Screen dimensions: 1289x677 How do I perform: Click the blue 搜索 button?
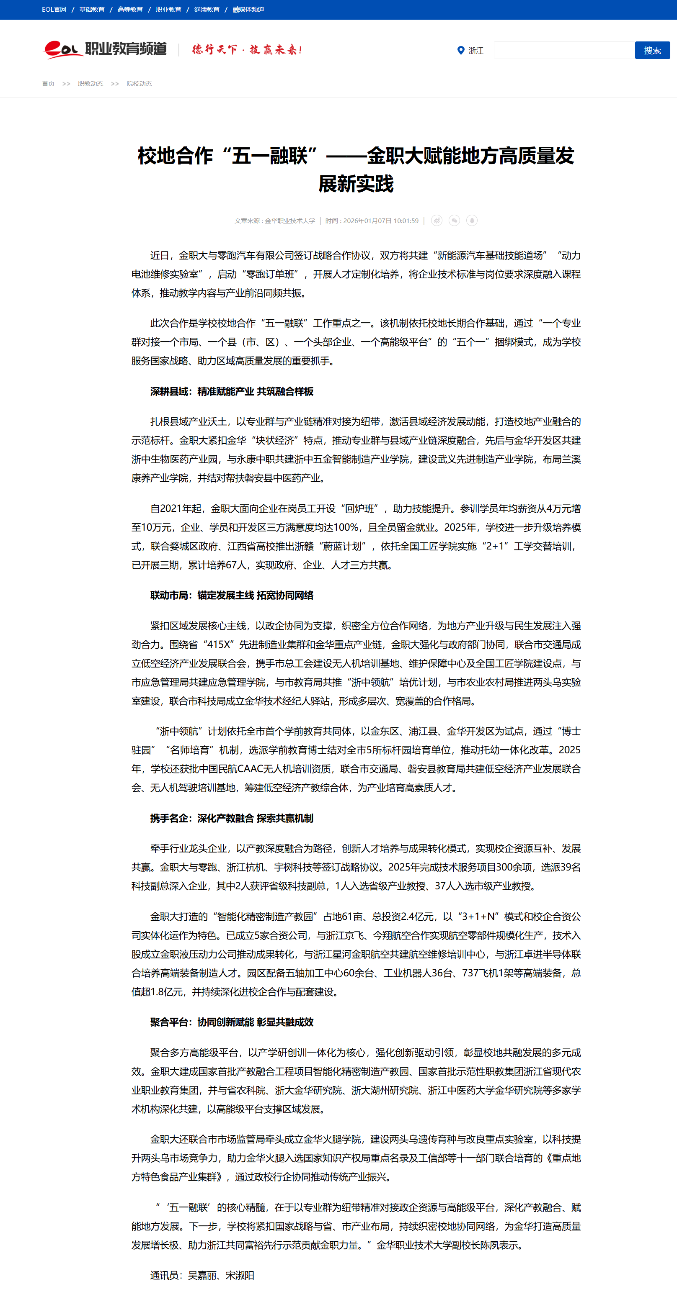[x=652, y=51]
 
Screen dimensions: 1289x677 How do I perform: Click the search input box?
[x=563, y=51]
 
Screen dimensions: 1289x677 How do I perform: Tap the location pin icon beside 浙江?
[x=461, y=51]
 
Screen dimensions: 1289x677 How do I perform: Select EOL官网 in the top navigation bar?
[x=54, y=10]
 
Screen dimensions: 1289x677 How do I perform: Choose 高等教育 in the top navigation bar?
[x=130, y=10]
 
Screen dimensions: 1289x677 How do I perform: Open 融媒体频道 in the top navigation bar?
[x=248, y=10]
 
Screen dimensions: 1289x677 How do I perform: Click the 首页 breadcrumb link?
[x=48, y=84]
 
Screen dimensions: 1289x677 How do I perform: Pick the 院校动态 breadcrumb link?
[x=139, y=84]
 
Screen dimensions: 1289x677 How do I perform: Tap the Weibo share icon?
[x=437, y=221]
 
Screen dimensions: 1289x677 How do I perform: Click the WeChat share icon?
[x=454, y=221]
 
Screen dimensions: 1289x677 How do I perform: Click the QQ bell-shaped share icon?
[x=472, y=221]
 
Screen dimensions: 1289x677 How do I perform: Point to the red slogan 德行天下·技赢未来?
[x=247, y=49]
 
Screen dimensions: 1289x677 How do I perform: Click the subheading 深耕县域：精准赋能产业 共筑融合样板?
[x=232, y=391]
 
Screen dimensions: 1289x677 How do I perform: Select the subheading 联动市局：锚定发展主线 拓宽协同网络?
[x=232, y=596]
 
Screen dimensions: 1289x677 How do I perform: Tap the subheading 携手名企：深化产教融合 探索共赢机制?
[x=232, y=818]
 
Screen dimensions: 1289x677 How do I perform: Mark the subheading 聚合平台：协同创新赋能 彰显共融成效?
[x=232, y=1022]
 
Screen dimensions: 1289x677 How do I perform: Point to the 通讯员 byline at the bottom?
[x=202, y=1275]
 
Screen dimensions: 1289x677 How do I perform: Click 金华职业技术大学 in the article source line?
[x=290, y=221]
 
